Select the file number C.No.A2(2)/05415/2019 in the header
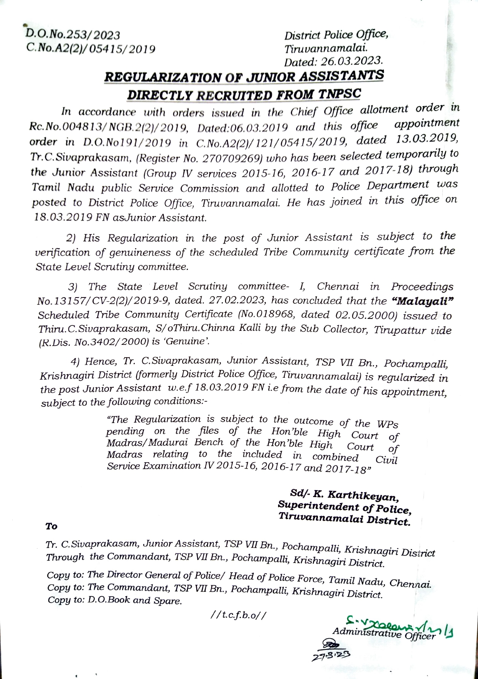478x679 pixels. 91,49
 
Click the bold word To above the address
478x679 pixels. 51,526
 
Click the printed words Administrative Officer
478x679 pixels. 383,634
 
